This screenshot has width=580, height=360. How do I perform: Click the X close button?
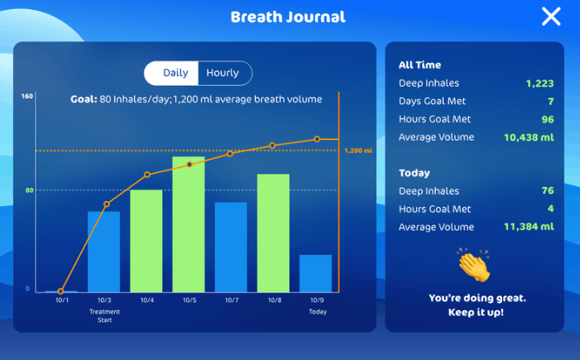pos(551,17)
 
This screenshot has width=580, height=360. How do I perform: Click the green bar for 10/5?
pos(189,224)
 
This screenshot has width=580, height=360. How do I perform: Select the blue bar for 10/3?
pos(104,252)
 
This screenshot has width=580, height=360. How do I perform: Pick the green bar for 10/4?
pos(146,241)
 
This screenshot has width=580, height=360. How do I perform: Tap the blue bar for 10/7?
pos(231,247)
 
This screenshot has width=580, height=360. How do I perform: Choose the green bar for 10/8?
pos(273,233)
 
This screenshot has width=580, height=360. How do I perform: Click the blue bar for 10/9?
pos(315,273)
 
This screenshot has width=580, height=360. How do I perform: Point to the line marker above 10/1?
pos(60,291)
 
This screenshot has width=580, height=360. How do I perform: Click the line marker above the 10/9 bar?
pos(317,139)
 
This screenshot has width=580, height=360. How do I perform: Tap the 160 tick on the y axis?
pos(27,96)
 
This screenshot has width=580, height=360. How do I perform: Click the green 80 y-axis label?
pos(29,190)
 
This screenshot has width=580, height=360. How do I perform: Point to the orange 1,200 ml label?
pos(358,151)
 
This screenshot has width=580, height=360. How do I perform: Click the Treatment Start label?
pos(105,315)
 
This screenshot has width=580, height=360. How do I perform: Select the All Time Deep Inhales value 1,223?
pos(539,84)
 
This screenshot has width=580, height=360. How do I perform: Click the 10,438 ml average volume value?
pos(529,137)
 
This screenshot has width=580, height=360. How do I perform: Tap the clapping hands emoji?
pos(475,265)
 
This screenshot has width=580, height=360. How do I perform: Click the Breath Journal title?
pos(288,17)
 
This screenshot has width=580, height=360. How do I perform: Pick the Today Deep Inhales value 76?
pos(548,190)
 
